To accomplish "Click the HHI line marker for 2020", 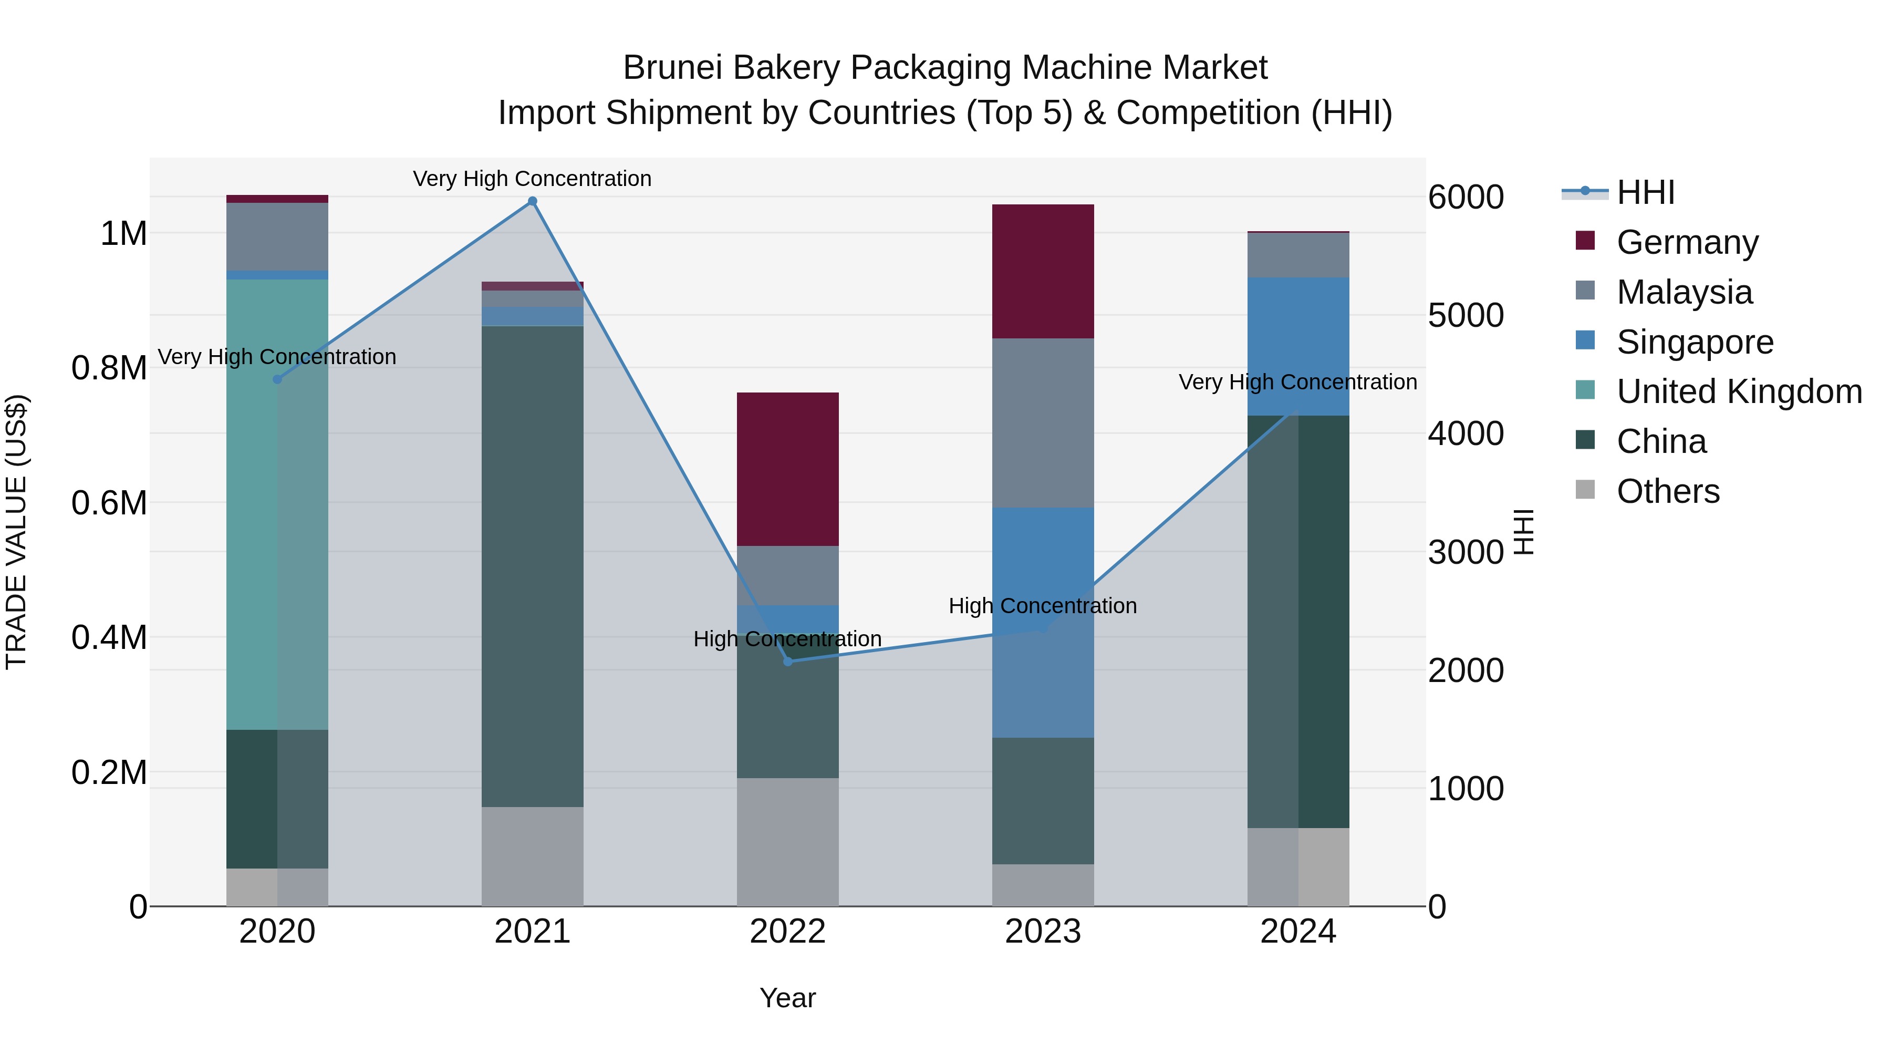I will [277, 380].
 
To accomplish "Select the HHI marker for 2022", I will [788, 662].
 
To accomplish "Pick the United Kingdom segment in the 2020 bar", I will [277, 504].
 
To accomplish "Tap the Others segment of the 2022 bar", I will [788, 842].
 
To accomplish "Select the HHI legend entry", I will [1645, 192].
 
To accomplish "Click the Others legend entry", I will [1667, 491].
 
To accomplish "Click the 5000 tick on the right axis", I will [1465, 316].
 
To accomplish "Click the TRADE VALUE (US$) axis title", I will [17, 532].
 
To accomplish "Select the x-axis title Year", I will [788, 998].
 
